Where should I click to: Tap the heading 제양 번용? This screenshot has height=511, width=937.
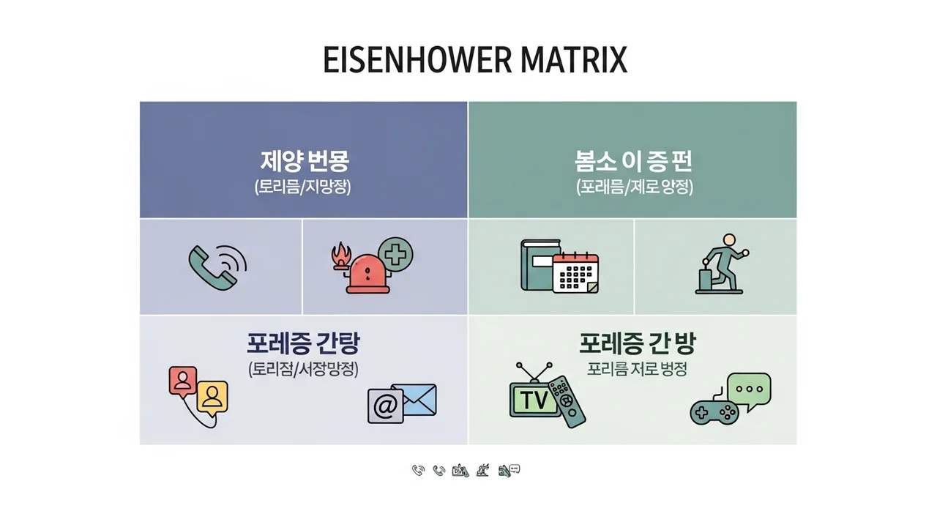[303, 160]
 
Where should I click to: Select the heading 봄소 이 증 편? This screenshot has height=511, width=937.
[633, 160]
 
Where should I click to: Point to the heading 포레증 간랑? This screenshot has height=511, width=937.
[303, 342]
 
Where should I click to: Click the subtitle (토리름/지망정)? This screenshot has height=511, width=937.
[303, 187]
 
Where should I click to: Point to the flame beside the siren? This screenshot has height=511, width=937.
[340, 258]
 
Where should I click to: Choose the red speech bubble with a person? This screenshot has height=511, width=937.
[183, 381]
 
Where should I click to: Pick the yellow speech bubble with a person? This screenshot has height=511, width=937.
[212, 398]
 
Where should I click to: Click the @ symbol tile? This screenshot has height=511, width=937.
[385, 406]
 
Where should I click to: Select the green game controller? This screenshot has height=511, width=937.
[714, 411]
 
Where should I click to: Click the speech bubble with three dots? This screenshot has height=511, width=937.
[749, 389]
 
